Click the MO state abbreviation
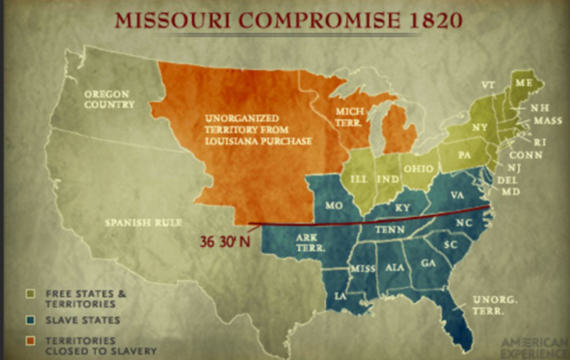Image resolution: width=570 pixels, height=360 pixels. [335, 205]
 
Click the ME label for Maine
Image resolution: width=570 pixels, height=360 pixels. [524, 81]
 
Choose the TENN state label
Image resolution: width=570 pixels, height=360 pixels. [398, 230]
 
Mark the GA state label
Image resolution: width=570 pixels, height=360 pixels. [427, 263]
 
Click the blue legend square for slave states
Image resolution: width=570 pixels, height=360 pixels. [32, 319]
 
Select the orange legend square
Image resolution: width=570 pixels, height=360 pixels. [32, 340]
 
